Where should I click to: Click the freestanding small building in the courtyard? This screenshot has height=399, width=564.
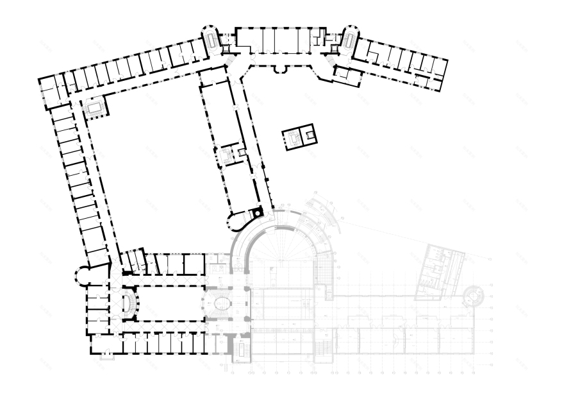point(299,136)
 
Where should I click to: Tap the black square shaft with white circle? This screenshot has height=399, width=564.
point(258,212)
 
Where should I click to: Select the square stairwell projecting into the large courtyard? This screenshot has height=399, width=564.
point(95,108)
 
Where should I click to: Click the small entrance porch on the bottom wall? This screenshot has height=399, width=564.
point(106,355)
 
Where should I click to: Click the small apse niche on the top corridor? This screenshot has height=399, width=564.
point(279,68)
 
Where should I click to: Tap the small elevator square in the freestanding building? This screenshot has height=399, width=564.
point(310,135)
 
